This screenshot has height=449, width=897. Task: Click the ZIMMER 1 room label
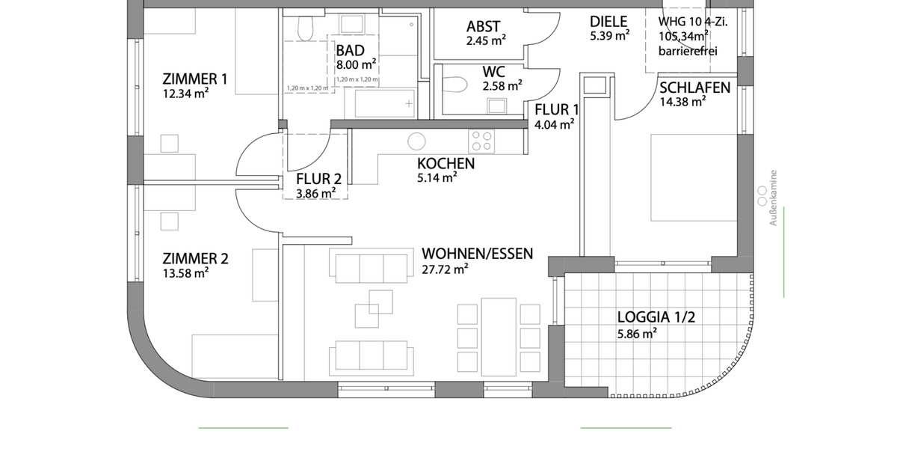click(195, 79)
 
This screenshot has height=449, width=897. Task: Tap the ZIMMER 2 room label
click(195, 259)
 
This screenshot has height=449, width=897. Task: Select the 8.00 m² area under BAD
click(356, 64)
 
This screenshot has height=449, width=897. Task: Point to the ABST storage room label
click(484, 27)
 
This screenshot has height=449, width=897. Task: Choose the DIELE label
click(608, 22)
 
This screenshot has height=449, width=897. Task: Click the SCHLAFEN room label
click(694, 88)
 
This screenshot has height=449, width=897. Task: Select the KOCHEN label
click(446, 164)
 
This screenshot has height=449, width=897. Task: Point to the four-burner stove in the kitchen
click(481, 140)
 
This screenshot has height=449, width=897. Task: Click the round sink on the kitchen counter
click(416, 141)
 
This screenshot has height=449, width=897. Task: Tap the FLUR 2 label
click(318, 179)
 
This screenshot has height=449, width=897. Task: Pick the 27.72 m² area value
click(445, 268)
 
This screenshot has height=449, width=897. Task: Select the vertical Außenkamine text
click(774, 198)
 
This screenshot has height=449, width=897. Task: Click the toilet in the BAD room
click(304, 30)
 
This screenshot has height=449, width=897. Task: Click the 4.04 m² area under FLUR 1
click(554, 123)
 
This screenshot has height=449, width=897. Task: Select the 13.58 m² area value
click(185, 273)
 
